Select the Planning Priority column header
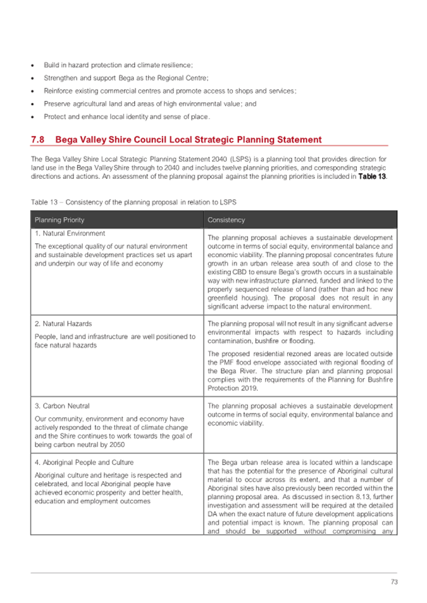pyautogui.click(x=59, y=220)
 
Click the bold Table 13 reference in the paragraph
pyautogui.click(x=373, y=176)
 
